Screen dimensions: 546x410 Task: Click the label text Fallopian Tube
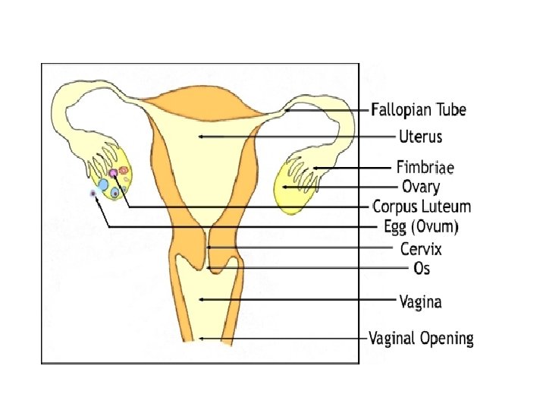[x=418, y=110]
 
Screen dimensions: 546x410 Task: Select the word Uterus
[x=420, y=137]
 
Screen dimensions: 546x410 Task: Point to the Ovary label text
[x=420, y=186]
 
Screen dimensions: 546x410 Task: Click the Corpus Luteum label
[x=422, y=207]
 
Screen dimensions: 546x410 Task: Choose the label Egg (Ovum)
[x=422, y=226]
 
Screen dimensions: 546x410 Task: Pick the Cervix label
[x=420, y=248]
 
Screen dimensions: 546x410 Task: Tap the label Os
[x=422, y=268]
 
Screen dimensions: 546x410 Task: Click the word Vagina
[x=420, y=301]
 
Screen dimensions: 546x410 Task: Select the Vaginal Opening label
[x=421, y=338]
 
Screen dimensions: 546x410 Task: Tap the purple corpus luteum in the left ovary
[x=113, y=173]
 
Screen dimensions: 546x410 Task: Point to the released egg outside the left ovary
[x=93, y=194]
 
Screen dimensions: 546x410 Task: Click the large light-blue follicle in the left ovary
[x=103, y=184]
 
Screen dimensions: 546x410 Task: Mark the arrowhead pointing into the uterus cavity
[x=200, y=137]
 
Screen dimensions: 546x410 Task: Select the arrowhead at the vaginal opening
[x=202, y=338]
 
